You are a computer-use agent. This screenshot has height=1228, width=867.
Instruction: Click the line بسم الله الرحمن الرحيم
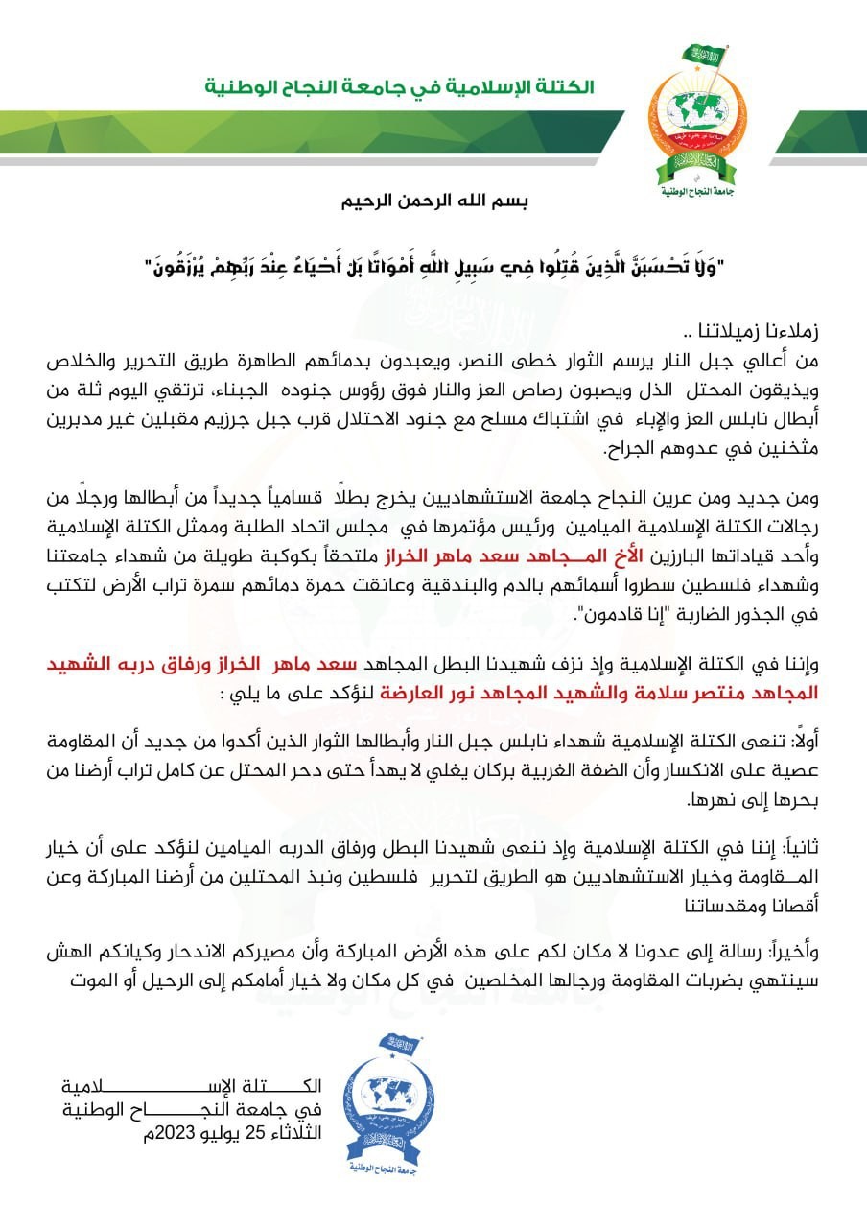(x=436, y=203)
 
